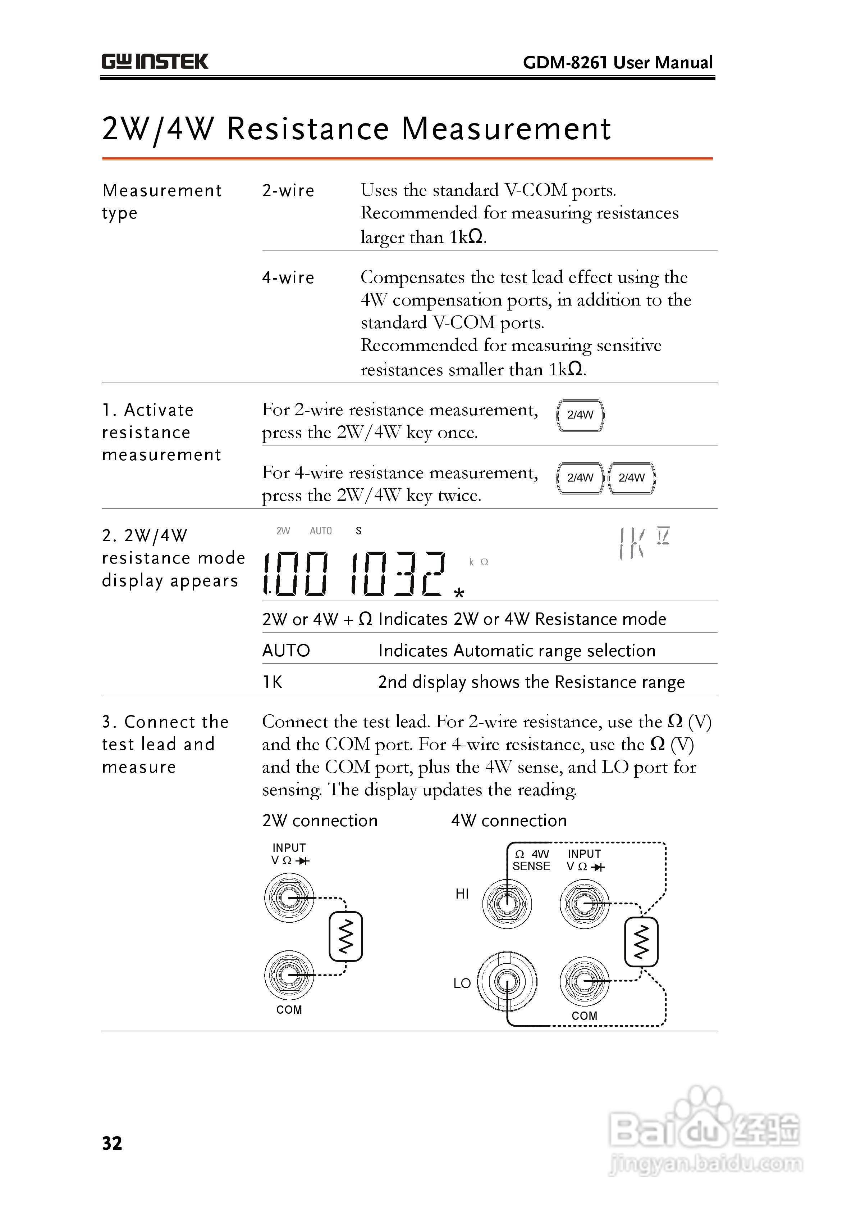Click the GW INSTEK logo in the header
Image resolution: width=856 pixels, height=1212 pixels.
[155, 62]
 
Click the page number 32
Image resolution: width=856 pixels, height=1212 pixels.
[112, 1143]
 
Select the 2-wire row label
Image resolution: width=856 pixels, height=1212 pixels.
[288, 191]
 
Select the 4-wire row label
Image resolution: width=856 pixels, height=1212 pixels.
[288, 278]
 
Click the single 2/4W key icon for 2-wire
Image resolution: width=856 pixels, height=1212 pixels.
[580, 415]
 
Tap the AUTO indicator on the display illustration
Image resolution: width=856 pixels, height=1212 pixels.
[321, 531]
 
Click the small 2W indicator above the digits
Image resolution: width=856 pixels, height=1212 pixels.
[283, 531]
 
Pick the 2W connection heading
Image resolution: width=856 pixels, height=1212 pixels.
[320, 821]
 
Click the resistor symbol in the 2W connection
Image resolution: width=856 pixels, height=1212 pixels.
[345, 937]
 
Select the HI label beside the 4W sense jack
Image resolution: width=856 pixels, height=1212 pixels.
[462, 894]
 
